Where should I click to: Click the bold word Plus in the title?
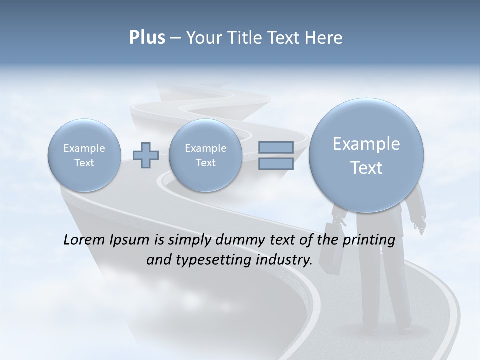tap(147, 38)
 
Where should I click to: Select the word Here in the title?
tap(323, 38)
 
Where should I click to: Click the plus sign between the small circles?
tap(146, 155)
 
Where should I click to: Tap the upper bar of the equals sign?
tap(276, 147)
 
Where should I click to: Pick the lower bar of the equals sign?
tap(276, 163)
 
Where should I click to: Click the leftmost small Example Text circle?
tap(84, 155)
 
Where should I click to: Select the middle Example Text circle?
tap(205, 155)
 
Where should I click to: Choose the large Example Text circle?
tap(366, 155)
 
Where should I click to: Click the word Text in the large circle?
tap(366, 168)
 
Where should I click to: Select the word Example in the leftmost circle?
tap(84, 148)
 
